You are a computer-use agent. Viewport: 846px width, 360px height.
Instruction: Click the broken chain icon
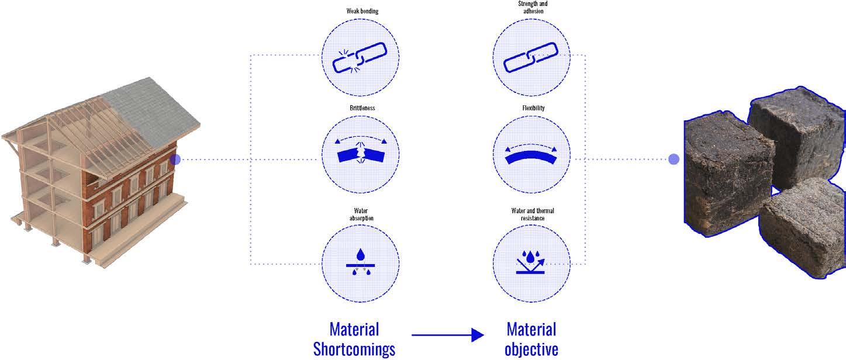click(360, 58)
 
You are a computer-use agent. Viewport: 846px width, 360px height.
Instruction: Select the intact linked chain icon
click(531, 58)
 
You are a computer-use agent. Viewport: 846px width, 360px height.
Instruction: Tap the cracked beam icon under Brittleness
click(360, 155)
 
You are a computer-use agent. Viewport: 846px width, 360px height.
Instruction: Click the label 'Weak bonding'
click(360, 10)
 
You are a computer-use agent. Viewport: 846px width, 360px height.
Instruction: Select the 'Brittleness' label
click(360, 108)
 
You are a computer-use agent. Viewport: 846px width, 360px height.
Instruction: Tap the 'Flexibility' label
click(531, 108)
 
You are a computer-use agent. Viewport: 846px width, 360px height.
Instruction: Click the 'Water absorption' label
click(360, 214)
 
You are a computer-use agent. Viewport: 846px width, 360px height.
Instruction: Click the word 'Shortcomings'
click(354, 349)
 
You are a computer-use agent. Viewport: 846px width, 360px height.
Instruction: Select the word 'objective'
click(531, 349)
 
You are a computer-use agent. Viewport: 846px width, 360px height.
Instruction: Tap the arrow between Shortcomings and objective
click(448, 335)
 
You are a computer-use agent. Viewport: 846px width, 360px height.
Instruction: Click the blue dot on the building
click(175, 159)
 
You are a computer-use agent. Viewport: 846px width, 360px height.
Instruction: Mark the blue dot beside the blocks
click(674, 159)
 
